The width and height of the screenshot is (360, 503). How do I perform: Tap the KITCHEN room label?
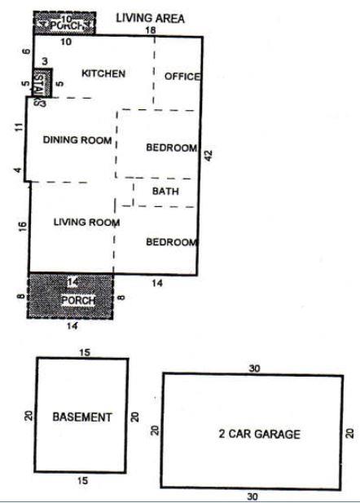103,74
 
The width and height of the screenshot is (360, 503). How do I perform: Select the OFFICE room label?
182,76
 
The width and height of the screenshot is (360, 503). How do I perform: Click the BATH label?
166,192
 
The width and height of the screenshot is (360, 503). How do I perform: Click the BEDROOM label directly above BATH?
171,148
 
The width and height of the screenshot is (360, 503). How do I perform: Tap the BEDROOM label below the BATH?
171,242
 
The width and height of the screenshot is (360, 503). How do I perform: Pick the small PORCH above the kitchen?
65,24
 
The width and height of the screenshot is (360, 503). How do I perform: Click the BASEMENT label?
81,417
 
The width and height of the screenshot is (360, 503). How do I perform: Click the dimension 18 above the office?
150,30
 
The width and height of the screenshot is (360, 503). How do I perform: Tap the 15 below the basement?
81,481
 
